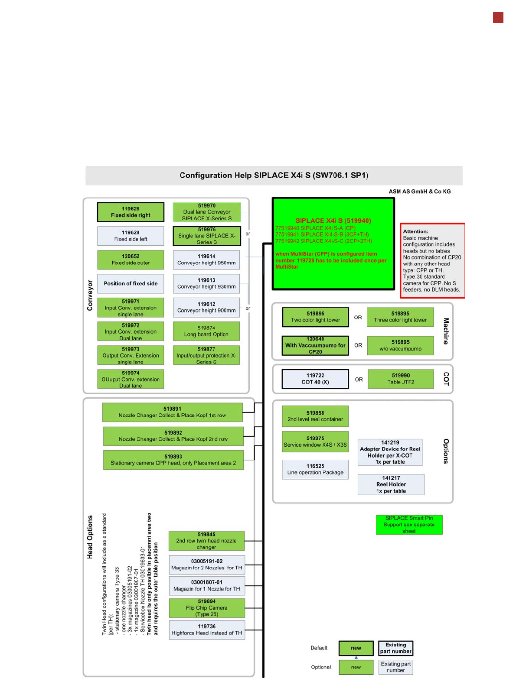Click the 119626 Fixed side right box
[131, 212]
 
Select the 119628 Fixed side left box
[131, 236]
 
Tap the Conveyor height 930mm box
[206, 283]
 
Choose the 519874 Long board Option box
[206, 331]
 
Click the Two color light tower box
[315, 317]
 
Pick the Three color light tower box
[400, 317]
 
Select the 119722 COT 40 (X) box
[315, 379]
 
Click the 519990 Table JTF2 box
[401, 379]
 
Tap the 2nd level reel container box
[315, 416]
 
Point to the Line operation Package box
[315, 469]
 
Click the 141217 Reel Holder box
[391, 484]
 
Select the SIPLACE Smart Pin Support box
[409, 524]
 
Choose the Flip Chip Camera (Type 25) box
[207, 608]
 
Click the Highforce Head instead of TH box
[207, 630]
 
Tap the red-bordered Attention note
[432, 260]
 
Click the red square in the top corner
[498, 18]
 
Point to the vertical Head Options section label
[90, 537]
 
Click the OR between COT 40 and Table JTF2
[359, 380]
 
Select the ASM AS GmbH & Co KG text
[419, 192]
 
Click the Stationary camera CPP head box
[173, 460]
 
